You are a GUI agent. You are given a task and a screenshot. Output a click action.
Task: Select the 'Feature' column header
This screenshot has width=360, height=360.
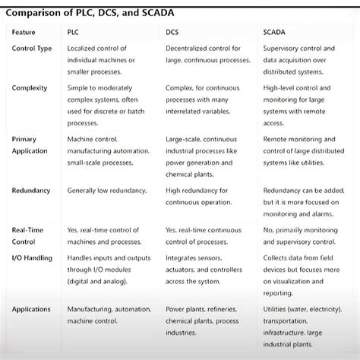[x=24, y=31]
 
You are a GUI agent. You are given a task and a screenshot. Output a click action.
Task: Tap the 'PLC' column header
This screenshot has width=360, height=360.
[x=74, y=31]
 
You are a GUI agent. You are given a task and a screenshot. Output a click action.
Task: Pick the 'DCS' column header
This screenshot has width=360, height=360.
[x=173, y=31]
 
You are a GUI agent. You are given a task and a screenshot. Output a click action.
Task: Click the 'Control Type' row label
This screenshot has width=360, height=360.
[x=32, y=49]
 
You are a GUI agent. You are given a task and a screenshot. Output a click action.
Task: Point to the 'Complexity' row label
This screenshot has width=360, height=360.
[x=30, y=88]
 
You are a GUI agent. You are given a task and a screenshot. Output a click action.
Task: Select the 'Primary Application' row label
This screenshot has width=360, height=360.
[x=30, y=144]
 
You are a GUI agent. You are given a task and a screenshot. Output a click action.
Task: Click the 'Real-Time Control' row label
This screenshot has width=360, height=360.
[x=29, y=235]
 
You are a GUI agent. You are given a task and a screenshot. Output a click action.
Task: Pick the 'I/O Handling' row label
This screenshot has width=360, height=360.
[x=32, y=258]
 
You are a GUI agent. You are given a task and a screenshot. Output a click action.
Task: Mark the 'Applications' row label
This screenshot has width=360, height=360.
[x=31, y=309]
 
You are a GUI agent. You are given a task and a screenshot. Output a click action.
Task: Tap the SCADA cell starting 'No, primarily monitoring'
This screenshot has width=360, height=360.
[x=301, y=235]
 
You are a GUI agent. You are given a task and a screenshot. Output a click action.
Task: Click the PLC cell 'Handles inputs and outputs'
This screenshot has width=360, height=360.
[x=109, y=269]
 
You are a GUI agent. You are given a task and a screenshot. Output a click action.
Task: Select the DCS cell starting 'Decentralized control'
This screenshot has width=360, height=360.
[x=207, y=54]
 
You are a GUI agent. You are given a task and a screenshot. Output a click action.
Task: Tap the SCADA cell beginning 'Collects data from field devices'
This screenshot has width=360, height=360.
[x=302, y=274]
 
